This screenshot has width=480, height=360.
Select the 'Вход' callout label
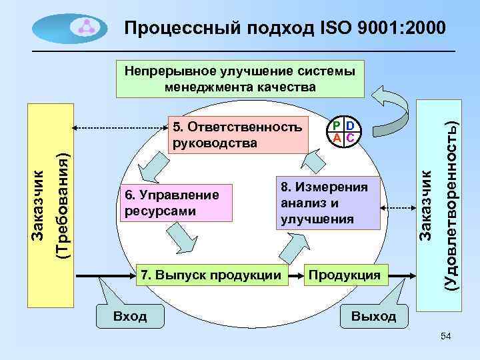(x=130, y=315)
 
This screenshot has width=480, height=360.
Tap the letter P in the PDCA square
(x=337, y=125)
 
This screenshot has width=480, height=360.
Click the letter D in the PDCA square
(x=350, y=125)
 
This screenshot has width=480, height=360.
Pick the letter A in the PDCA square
(x=337, y=137)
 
